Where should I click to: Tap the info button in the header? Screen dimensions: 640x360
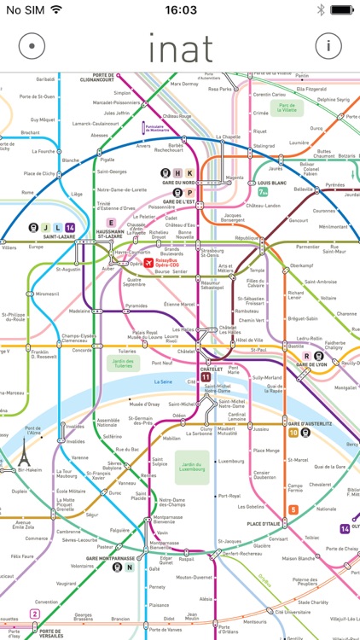(328, 45)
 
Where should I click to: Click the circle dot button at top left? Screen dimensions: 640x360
(32, 45)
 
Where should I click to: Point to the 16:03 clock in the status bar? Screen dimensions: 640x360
(179, 9)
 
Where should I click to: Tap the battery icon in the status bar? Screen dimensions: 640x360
(343, 9)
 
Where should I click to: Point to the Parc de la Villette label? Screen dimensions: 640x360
(286, 108)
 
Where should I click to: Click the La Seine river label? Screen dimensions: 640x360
(165, 381)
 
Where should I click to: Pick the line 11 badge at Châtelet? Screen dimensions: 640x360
(206, 375)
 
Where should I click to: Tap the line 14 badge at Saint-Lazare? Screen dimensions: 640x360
(70, 227)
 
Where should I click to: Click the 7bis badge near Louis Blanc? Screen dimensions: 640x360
(263, 192)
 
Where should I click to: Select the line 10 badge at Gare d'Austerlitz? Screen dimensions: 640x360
(293, 433)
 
